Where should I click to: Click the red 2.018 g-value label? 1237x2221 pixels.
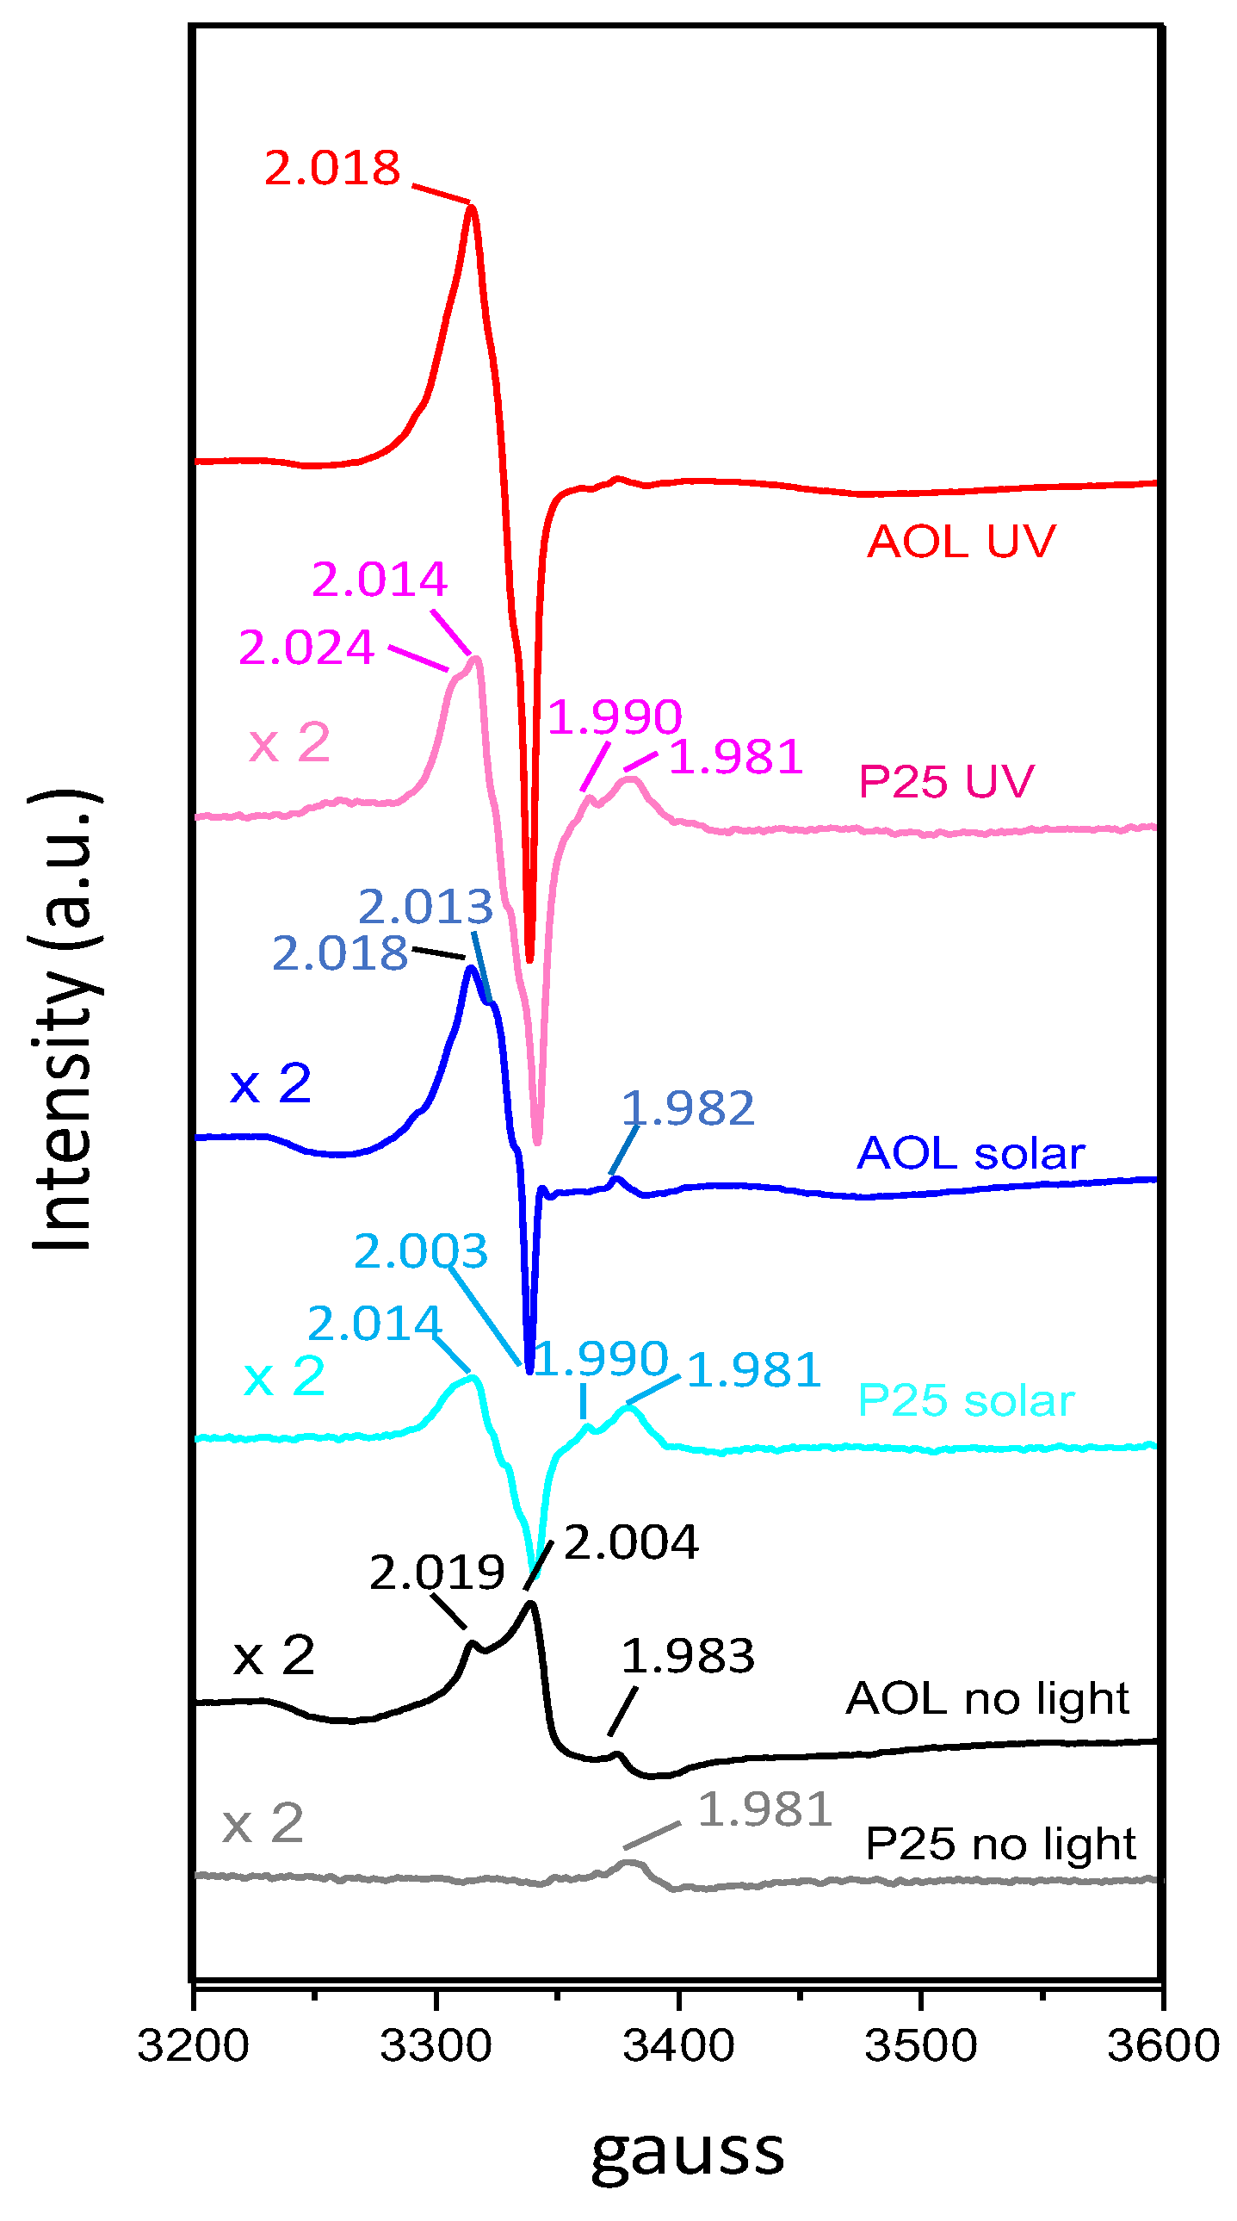tap(332, 168)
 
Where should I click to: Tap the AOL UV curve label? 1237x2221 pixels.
tap(961, 542)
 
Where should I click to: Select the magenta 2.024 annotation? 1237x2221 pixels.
tap(306, 647)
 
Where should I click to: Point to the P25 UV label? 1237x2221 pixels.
tap(946, 782)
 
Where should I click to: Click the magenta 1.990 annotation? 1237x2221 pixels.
tap(614, 717)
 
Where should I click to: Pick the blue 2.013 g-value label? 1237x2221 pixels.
tap(425, 906)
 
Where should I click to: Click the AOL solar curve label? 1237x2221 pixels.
tap(970, 1153)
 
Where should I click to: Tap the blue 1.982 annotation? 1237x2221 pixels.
tap(687, 1107)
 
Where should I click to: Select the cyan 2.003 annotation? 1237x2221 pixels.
tap(421, 1250)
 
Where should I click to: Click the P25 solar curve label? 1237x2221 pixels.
tap(966, 1400)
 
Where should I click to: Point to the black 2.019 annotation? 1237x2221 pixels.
tap(436, 1572)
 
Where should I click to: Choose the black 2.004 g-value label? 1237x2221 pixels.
tap(631, 1542)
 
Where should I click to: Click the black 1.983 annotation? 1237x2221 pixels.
tap(687, 1656)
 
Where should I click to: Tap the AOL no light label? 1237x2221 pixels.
tap(987, 1698)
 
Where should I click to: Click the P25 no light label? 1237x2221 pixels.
tap(1000, 1844)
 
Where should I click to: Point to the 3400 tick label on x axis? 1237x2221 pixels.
tap(678, 2045)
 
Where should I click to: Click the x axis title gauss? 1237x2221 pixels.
tap(687, 2152)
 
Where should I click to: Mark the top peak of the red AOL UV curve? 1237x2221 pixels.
tap(472, 207)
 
